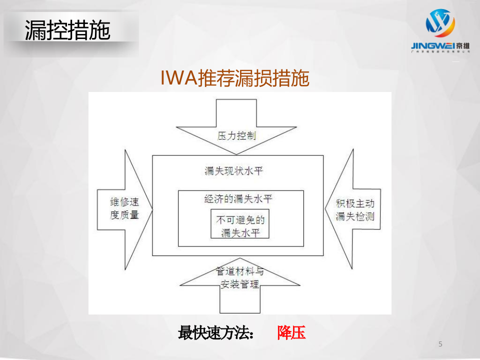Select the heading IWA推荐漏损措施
[x=235, y=78]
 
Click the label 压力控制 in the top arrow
[x=237, y=136]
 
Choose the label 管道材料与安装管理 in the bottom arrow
[x=240, y=278]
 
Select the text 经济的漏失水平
[x=238, y=198]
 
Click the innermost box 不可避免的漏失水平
[x=240, y=226]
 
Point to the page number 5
[x=440, y=344]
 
